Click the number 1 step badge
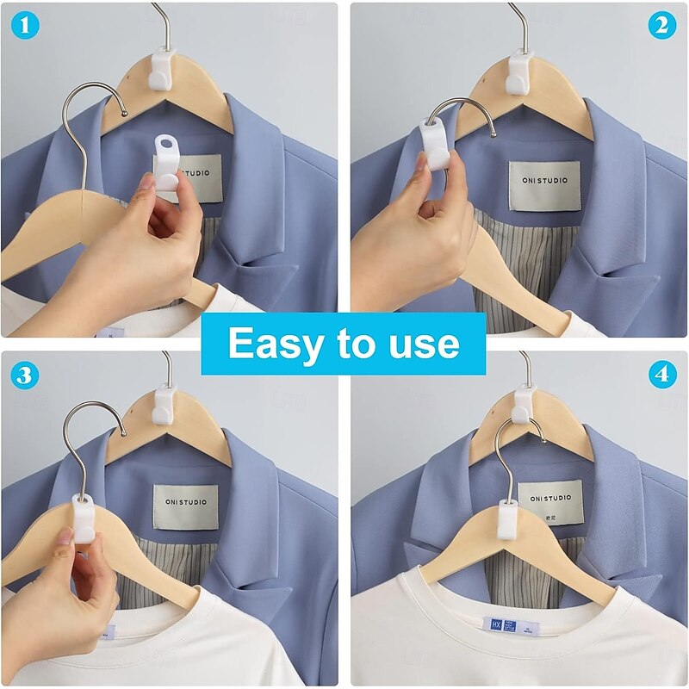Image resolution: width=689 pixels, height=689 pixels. [x=26, y=27]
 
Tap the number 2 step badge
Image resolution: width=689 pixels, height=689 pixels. [x=661, y=26]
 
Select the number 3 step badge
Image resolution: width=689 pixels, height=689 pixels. [x=26, y=376]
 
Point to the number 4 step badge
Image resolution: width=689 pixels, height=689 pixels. [x=661, y=376]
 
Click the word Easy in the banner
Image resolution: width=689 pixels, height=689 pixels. [x=277, y=344]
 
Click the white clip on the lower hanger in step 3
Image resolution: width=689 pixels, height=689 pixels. [x=83, y=519]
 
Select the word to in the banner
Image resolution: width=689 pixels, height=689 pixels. [x=355, y=344]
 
